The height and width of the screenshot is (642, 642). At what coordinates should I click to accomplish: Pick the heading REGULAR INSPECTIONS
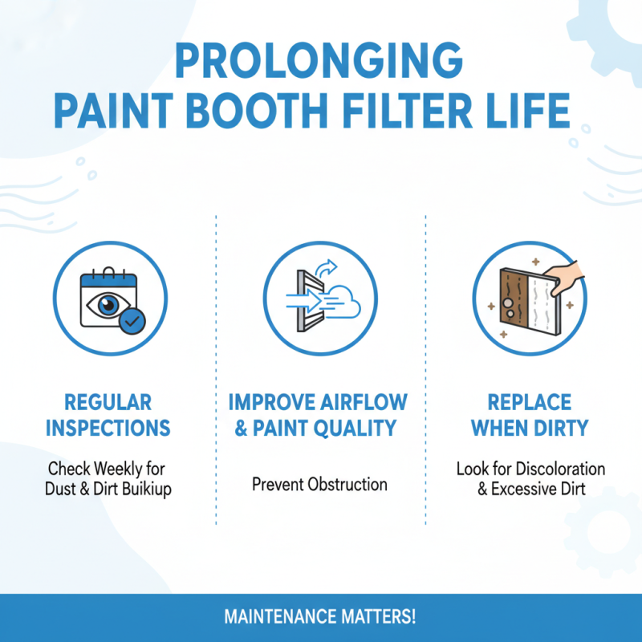[x=108, y=415]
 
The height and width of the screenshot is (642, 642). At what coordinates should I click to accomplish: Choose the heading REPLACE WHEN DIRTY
[x=530, y=415]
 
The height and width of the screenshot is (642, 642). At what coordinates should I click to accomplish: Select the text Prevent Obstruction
[x=319, y=485]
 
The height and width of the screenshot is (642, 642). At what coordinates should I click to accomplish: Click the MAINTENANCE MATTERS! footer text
[x=319, y=618]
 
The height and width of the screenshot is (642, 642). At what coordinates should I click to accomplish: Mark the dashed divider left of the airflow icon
[x=217, y=369]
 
